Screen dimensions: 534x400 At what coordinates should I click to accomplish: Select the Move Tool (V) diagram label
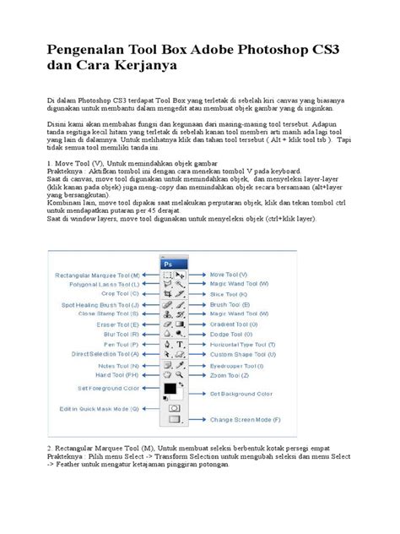[x=229, y=275]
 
